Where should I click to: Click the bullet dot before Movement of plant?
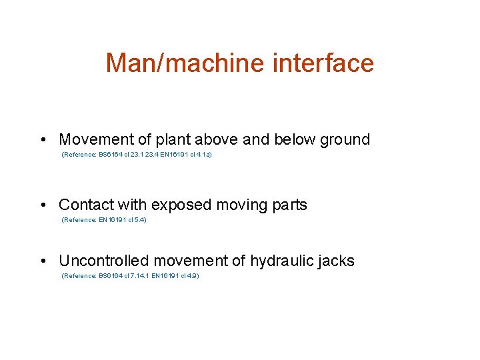coord(42,140)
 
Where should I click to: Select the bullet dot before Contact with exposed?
coord(42,205)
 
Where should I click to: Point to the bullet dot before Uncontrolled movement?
coord(42,261)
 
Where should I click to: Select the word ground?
coord(345,140)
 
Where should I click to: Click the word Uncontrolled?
coord(101,261)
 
